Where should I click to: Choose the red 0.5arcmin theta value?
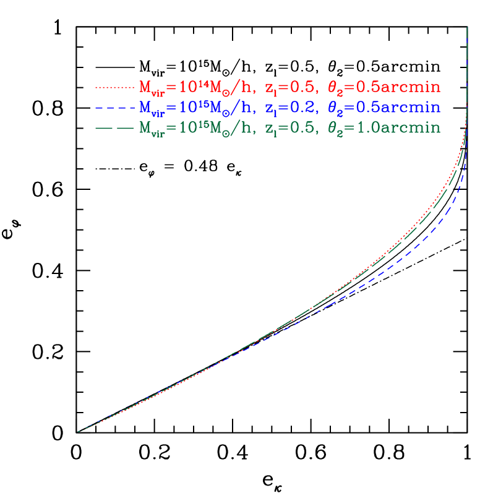[x=384, y=87]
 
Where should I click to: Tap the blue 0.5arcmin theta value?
[x=384, y=108]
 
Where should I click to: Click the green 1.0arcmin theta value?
[x=384, y=129]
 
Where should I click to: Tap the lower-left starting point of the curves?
[x=78, y=432]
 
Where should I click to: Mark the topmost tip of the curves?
[x=466, y=28]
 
